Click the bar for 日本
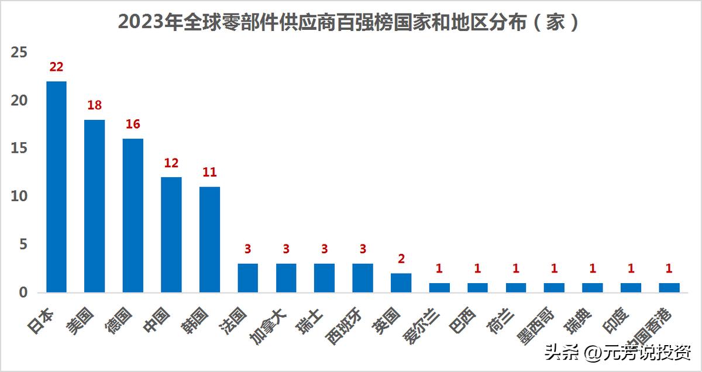(56, 187)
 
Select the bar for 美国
(94, 206)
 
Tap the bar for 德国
(133, 215)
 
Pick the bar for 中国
(171, 235)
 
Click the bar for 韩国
(209, 239)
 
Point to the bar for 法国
(247, 278)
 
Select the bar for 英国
(401, 283)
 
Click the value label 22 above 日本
(56, 67)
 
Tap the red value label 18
(94, 106)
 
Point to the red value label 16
(133, 125)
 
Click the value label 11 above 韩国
(209, 173)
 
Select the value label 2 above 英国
(401, 259)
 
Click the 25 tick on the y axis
(19, 53)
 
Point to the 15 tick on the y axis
(19, 149)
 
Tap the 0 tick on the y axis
(23, 292)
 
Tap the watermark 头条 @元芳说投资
(618, 353)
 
